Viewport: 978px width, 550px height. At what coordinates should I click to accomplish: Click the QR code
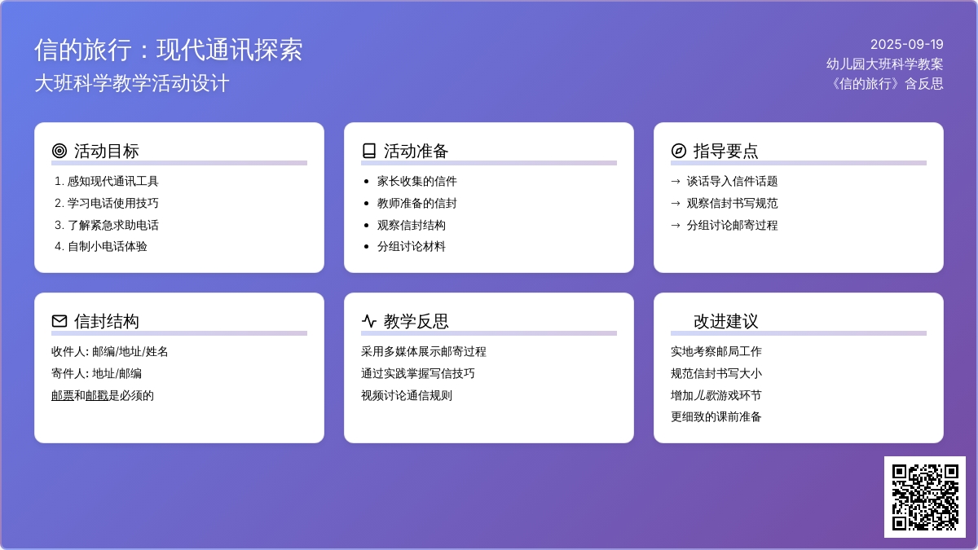click(x=925, y=497)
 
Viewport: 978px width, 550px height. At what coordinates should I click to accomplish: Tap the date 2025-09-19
click(x=907, y=44)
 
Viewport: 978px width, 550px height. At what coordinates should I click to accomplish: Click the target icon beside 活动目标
click(x=59, y=151)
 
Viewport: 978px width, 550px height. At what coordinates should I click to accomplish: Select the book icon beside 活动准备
click(x=369, y=151)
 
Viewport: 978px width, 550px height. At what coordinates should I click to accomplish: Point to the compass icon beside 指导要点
click(x=678, y=151)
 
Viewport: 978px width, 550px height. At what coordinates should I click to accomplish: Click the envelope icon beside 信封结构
click(x=59, y=321)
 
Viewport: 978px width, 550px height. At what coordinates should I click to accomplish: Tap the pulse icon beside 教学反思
click(x=369, y=321)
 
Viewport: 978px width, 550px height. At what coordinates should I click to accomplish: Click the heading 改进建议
click(x=725, y=321)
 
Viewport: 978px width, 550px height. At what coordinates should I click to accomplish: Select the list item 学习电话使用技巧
click(x=112, y=203)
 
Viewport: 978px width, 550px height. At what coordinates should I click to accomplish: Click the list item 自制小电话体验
click(x=107, y=247)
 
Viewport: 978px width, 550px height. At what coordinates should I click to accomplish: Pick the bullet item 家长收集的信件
click(x=417, y=181)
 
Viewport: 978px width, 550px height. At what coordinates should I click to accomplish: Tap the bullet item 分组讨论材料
click(x=412, y=247)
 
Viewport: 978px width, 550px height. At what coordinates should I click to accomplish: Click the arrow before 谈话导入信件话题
click(x=676, y=181)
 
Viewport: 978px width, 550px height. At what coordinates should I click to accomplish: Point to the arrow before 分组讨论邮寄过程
click(x=676, y=225)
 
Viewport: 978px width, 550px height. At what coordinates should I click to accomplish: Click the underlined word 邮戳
click(x=96, y=395)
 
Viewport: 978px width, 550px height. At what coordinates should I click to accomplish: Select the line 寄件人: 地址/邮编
click(x=96, y=374)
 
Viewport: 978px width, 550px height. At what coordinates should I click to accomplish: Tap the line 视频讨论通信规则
click(x=407, y=395)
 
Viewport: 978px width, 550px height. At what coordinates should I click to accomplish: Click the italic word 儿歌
click(x=705, y=395)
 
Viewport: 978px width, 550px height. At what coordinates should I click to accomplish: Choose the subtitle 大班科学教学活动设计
click(x=132, y=83)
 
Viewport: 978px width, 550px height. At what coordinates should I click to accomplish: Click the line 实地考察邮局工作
click(x=716, y=351)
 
